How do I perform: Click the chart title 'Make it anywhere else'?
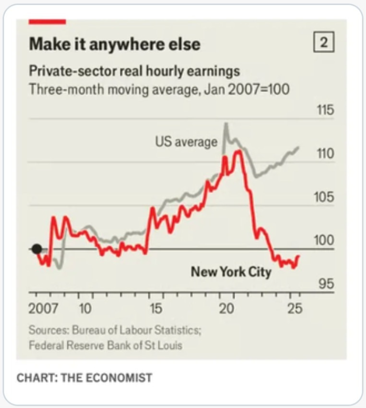coord(115,45)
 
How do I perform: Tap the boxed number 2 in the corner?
coord(324,44)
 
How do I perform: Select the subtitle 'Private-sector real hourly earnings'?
coord(135,71)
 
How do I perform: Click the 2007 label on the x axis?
coord(43,309)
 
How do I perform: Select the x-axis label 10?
coord(85,309)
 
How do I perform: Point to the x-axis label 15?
coord(155,309)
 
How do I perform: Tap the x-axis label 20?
coord(226,309)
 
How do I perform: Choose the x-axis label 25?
coord(295,309)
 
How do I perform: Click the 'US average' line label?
coord(186,142)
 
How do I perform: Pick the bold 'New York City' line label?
coord(231,272)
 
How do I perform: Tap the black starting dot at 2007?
coord(37,249)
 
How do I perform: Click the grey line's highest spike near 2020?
coord(226,124)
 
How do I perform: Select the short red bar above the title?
coord(47,21)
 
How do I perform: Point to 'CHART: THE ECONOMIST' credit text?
coord(84,378)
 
